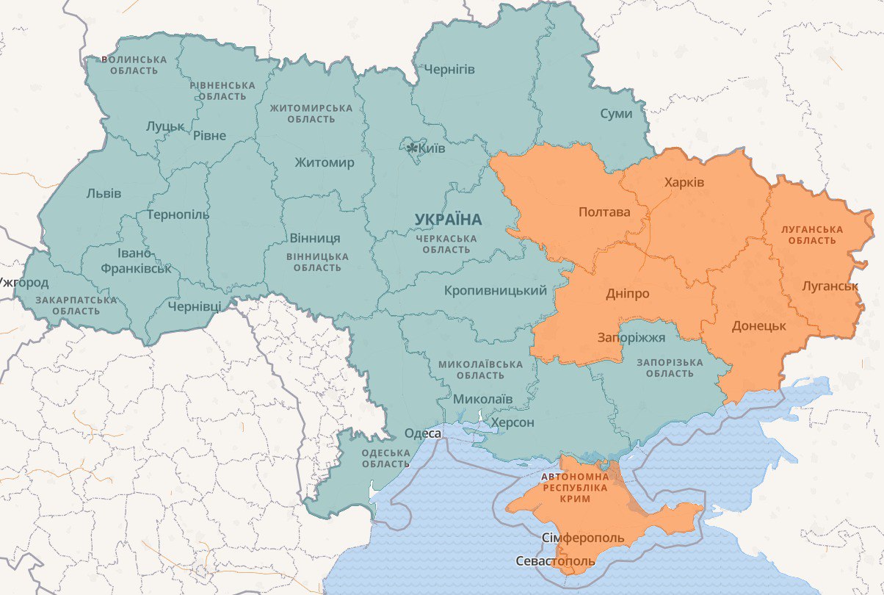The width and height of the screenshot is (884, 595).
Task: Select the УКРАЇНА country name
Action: tap(448, 219)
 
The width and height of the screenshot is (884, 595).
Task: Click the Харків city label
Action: tap(684, 181)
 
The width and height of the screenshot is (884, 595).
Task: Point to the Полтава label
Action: tap(604, 212)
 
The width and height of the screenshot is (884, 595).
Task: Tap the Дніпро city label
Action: tap(627, 293)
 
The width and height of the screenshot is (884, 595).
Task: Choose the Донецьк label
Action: tap(758, 325)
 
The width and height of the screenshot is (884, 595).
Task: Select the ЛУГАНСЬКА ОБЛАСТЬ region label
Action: tap(811, 234)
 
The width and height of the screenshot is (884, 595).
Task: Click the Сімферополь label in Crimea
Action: tap(583, 538)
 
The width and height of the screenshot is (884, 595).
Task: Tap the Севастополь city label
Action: tap(555, 562)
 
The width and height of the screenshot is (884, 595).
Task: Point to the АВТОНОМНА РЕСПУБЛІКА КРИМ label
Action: tap(575, 488)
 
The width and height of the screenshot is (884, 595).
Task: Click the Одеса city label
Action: tap(423, 434)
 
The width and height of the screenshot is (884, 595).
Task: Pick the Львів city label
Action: tap(104, 193)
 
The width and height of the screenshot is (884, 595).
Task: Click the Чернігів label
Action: tap(449, 70)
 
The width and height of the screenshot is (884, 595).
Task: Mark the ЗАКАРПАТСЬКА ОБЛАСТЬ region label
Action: tap(76, 306)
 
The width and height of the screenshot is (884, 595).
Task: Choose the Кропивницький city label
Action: tap(495, 291)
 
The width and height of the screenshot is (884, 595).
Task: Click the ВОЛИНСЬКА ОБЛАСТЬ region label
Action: tap(134, 65)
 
